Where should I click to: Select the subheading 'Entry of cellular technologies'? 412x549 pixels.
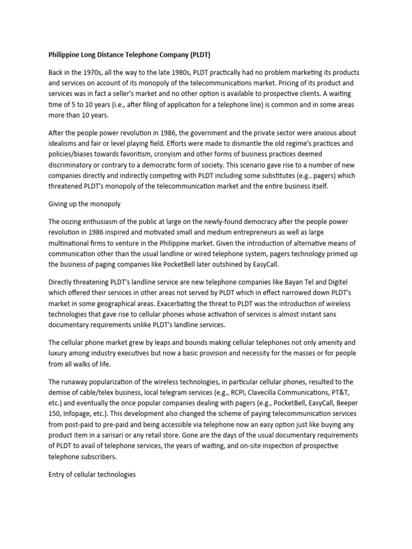coord(92,474)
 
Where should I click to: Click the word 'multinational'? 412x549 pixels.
coord(71,243)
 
